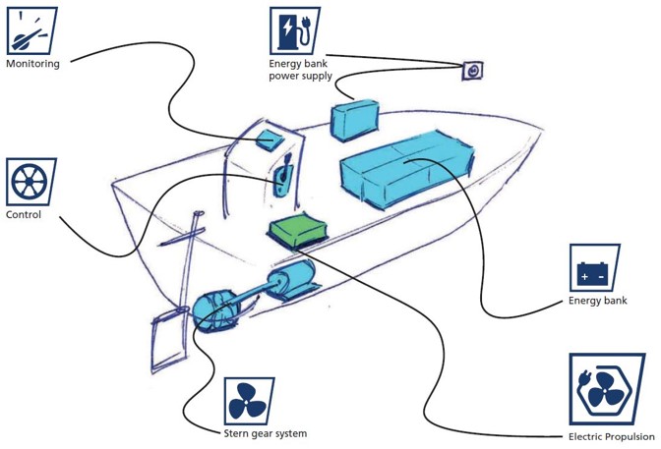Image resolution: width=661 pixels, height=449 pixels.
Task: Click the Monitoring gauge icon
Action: click(32, 30)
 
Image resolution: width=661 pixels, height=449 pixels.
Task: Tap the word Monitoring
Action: click(32, 64)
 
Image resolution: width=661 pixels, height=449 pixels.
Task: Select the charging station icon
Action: click(295, 30)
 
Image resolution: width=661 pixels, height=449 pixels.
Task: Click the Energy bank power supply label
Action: click(301, 70)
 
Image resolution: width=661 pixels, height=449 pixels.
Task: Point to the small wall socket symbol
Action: click(472, 71)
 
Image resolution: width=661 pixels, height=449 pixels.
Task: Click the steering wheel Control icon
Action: click(31, 182)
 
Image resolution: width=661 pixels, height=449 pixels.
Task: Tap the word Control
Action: click(24, 214)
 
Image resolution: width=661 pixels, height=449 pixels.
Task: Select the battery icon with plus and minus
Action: click(594, 267)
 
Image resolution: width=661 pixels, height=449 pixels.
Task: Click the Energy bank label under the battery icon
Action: click(598, 301)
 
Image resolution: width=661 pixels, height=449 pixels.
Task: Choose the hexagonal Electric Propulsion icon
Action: click(607, 389)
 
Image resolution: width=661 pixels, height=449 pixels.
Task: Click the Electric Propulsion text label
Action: click(612, 437)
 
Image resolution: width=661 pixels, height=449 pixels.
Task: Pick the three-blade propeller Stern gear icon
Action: click(249, 401)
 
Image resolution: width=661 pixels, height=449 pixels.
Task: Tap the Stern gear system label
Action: click(266, 433)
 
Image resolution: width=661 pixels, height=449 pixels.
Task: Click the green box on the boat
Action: click(298, 230)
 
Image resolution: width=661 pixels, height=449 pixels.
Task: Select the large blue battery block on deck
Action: click(407, 168)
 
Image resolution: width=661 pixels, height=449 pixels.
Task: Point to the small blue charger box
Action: click(354, 120)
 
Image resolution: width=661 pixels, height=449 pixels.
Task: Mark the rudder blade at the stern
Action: click(169, 341)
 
